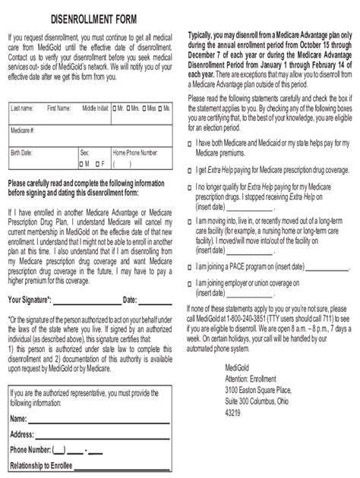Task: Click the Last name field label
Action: click(x=22, y=109)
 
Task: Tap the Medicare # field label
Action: click(x=24, y=131)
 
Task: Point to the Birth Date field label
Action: click(x=23, y=152)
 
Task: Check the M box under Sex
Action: click(x=82, y=162)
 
